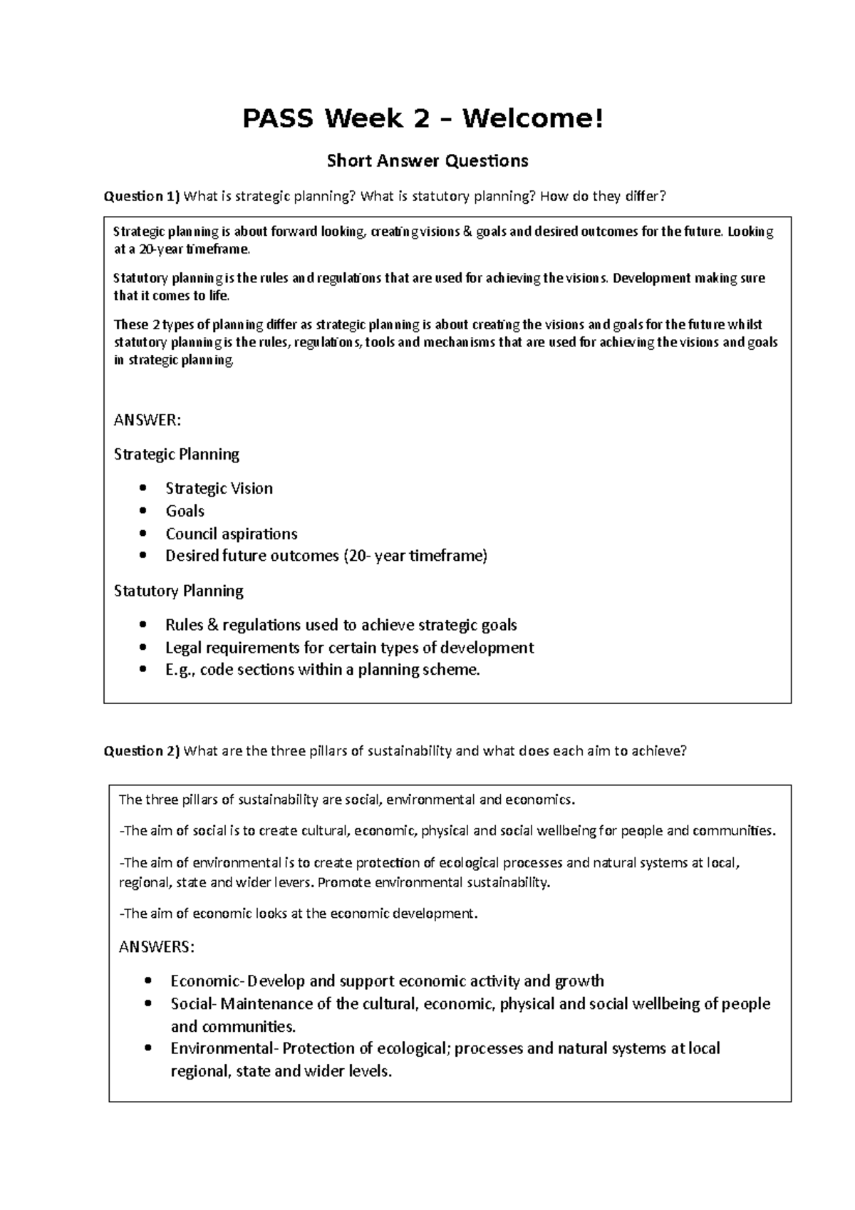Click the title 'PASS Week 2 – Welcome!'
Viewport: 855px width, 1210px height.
click(423, 119)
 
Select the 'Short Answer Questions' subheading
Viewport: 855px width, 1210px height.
click(427, 161)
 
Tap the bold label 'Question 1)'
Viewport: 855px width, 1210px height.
click(142, 196)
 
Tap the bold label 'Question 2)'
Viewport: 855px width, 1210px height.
click(142, 750)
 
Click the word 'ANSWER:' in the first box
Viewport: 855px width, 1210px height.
click(147, 420)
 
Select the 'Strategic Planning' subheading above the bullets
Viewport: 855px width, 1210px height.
click(176, 454)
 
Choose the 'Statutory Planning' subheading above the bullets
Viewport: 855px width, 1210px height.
click(178, 591)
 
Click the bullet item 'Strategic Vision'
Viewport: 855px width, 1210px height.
click(219, 488)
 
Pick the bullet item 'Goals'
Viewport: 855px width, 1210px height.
click(185, 511)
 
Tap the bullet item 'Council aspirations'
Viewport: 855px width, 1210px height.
click(231, 534)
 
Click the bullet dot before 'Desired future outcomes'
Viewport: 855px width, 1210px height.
click(145, 556)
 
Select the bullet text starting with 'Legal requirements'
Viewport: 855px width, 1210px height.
click(349, 648)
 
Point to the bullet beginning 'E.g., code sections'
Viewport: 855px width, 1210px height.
click(323, 670)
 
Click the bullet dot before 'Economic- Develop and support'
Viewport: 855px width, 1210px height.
click(148, 981)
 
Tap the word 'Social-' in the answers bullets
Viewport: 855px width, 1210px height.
click(192, 1004)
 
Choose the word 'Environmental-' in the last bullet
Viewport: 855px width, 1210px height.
click(224, 1048)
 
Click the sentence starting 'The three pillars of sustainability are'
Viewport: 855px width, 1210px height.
click(346, 800)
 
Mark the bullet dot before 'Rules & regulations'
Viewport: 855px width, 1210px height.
click(145, 625)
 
